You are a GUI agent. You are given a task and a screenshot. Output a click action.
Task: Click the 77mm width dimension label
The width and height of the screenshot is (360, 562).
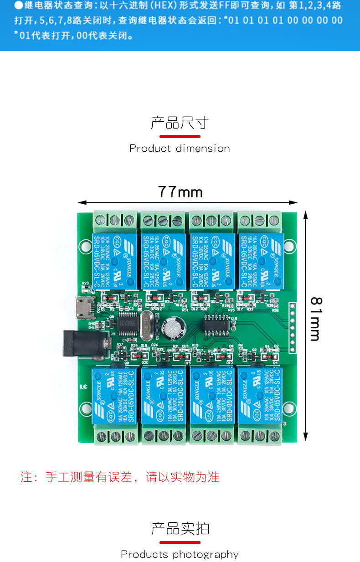pos(180,192)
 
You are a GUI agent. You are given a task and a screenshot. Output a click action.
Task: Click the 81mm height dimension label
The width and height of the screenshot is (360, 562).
pos(315,319)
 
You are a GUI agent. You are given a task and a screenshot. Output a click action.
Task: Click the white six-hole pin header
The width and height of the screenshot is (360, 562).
pos(293,327)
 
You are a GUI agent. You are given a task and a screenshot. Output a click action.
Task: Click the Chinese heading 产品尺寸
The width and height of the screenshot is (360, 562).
pos(180,123)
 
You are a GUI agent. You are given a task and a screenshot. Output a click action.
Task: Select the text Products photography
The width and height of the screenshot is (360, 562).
pos(180,554)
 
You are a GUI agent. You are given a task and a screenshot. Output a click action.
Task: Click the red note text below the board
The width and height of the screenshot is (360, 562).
pos(120,477)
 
